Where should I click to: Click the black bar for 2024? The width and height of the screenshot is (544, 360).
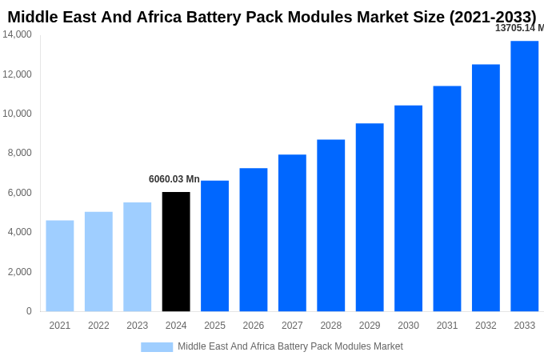176,251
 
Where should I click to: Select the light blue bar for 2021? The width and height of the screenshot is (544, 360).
60,266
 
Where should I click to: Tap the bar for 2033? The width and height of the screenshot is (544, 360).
524,176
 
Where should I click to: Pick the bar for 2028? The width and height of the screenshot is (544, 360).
330,225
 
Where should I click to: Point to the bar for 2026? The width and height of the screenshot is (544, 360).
254,239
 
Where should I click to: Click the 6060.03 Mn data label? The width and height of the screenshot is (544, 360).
174,179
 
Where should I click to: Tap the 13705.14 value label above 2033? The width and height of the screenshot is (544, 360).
519,28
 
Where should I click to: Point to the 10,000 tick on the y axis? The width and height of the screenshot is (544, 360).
17,114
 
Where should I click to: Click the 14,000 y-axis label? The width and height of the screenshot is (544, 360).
17,34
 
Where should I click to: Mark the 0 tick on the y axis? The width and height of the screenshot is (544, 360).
29,311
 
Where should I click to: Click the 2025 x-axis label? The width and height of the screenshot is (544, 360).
214,326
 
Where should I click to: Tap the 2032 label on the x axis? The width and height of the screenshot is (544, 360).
486,326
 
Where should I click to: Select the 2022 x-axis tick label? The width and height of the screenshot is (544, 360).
98,326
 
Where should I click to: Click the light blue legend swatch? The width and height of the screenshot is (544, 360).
157,346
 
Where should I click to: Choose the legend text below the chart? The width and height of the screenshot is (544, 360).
290,346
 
